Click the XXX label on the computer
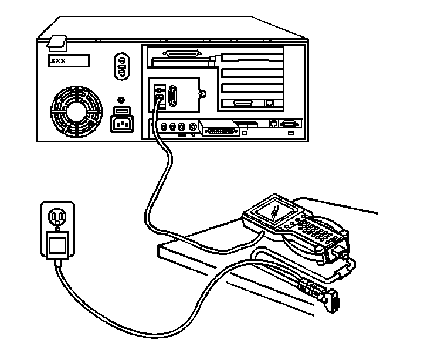(x=68, y=60)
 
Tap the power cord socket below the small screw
(x=122, y=123)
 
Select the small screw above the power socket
(x=121, y=100)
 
